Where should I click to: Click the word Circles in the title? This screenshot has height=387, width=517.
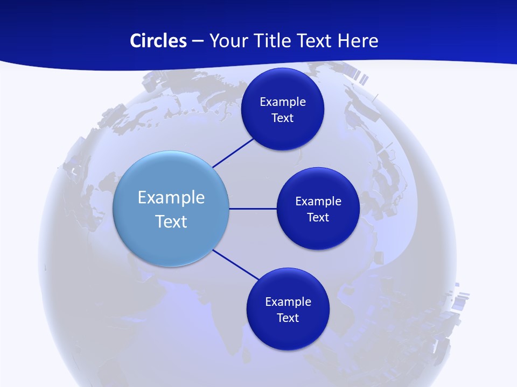coord(158,41)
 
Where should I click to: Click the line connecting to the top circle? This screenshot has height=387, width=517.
coord(233,153)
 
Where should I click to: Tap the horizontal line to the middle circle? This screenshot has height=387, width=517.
coord(253,209)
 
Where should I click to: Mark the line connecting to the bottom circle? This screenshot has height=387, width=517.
coord(235,264)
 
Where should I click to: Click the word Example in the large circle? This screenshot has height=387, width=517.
coord(171,197)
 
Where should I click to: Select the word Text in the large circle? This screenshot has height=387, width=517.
coord(171,221)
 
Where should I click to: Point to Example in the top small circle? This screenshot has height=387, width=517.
coord(283,102)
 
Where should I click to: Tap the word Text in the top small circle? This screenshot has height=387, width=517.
coord(283,118)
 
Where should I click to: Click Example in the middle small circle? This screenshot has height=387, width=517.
coord(318,201)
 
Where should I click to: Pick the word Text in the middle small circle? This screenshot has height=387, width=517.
coord(318,217)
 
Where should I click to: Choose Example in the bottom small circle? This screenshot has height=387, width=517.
coord(288,302)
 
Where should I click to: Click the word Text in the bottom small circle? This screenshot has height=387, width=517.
coord(288,318)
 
